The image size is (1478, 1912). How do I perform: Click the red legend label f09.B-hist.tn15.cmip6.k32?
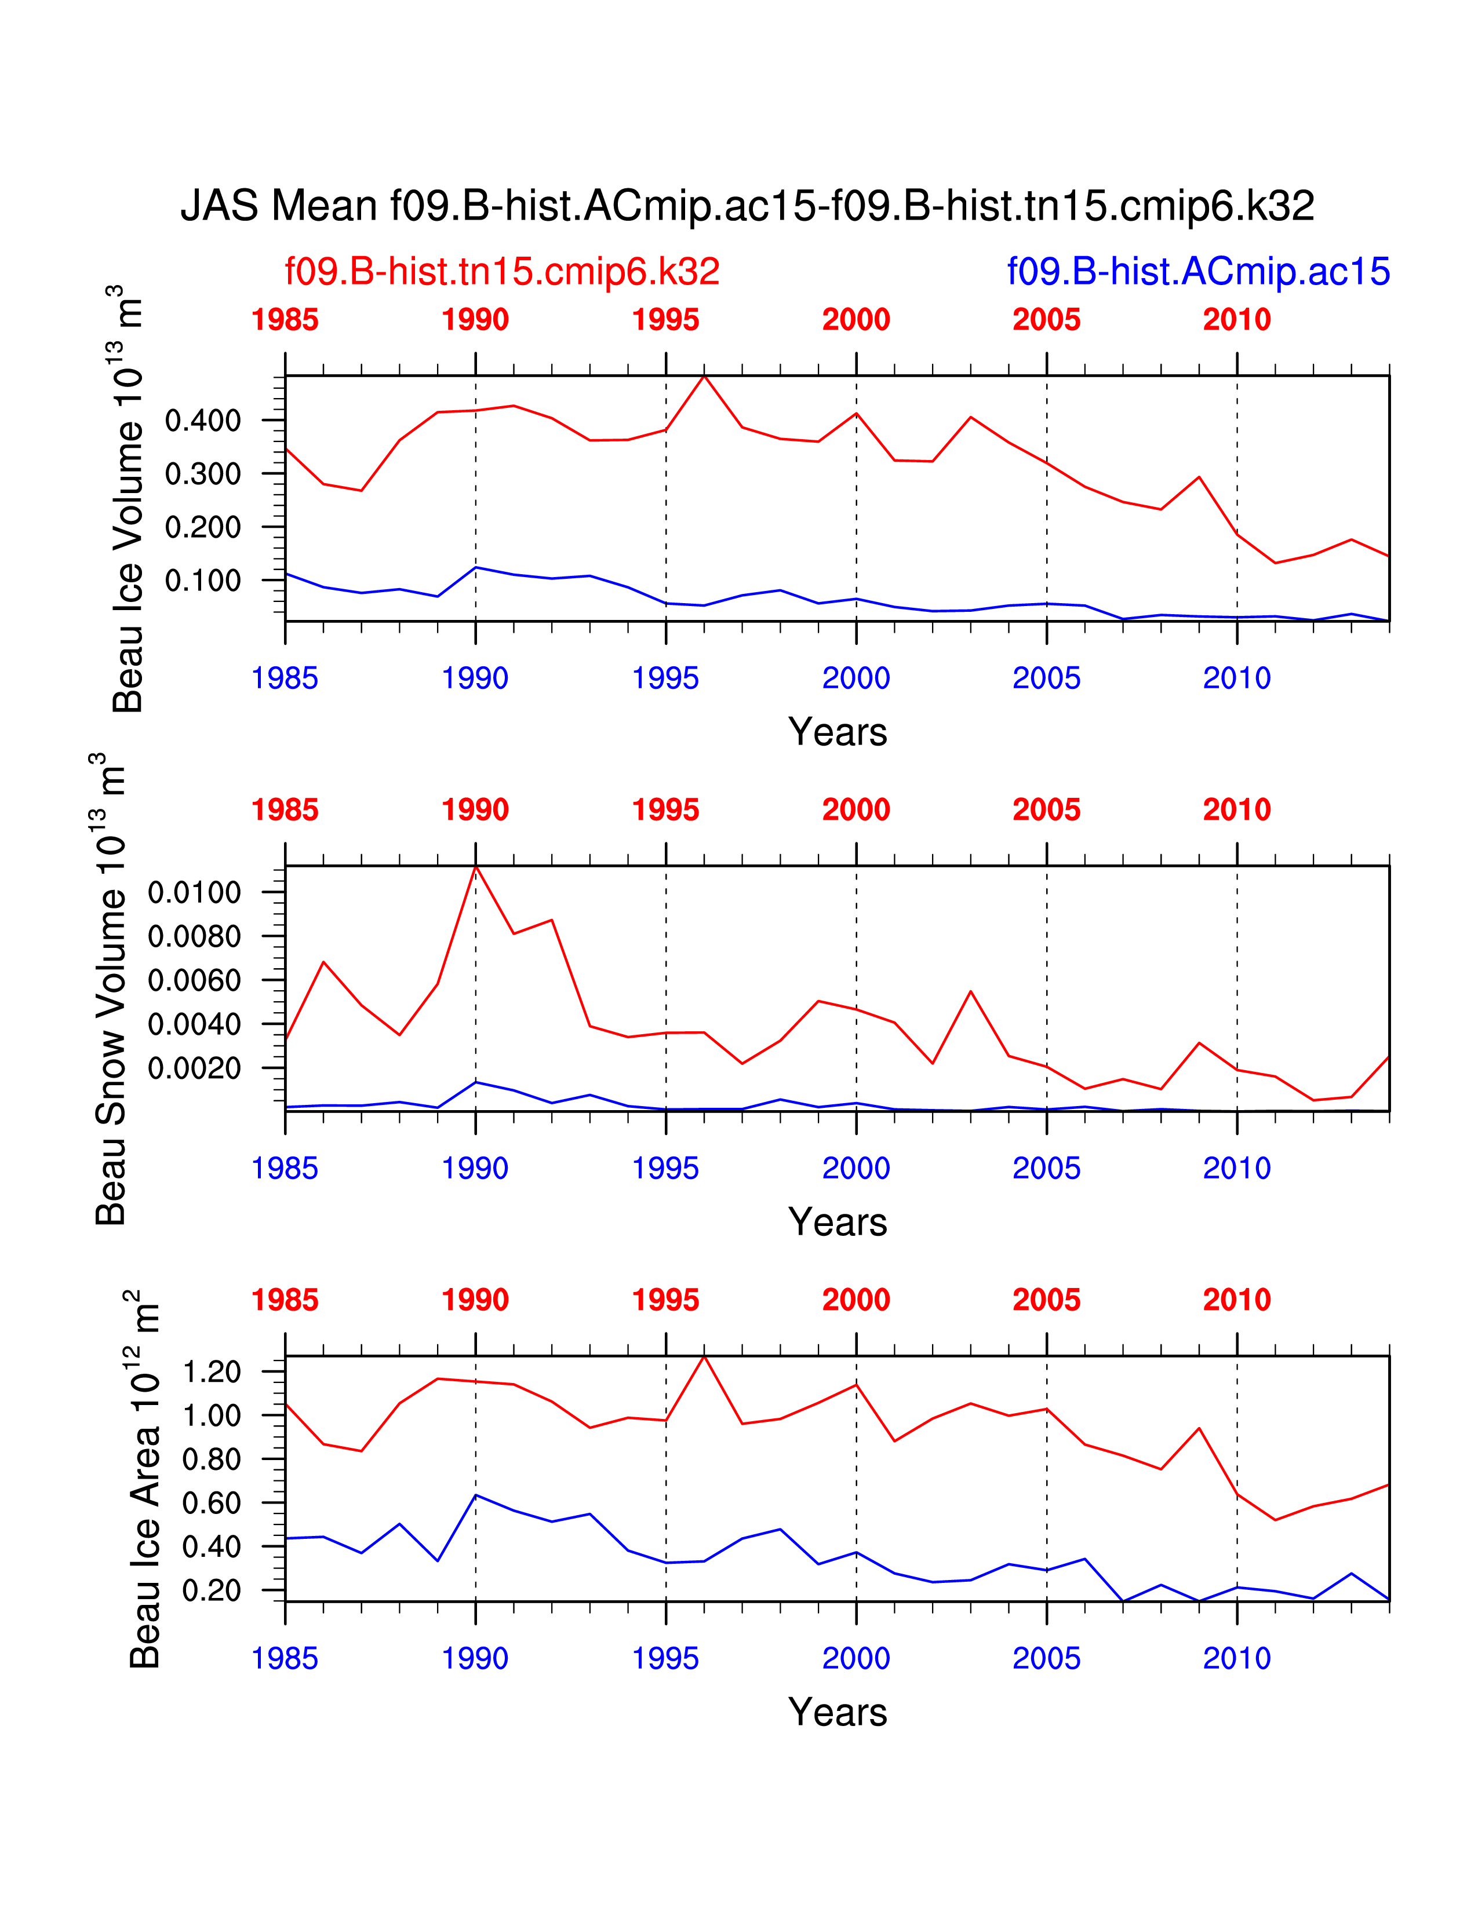point(502,271)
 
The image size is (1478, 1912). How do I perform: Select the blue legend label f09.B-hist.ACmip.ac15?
point(1198,271)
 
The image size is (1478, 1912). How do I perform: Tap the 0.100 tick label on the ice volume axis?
point(202,581)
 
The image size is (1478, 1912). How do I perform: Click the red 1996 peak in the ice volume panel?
point(704,377)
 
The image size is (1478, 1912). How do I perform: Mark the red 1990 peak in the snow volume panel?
point(475,867)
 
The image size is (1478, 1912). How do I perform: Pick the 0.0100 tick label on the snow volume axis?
point(194,893)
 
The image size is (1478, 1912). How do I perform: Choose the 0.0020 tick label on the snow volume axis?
point(194,1068)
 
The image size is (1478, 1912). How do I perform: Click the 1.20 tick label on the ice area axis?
point(211,1372)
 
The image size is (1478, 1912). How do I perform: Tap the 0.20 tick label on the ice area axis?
point(211,1590)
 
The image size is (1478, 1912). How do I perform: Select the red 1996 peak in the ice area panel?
point(704,1357)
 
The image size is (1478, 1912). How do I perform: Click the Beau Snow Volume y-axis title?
point(110,989)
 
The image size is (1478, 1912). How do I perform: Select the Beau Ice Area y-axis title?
point(144,1480)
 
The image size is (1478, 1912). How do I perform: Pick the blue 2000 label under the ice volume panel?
point(856,678)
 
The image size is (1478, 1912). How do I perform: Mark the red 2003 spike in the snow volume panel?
point(970,992)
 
